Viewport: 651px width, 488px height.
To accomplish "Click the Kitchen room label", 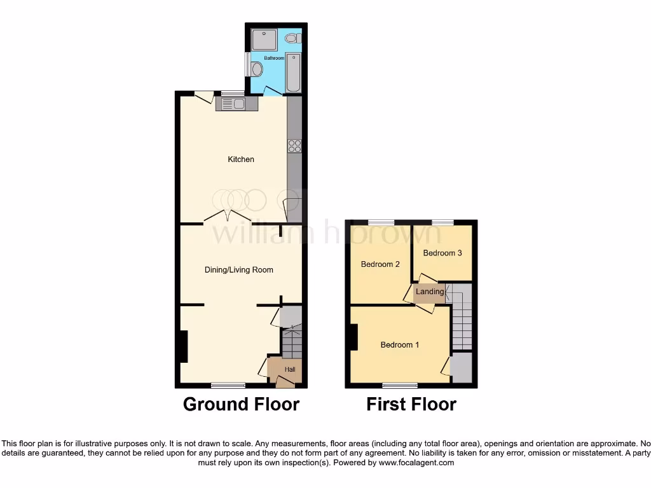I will point(241,159).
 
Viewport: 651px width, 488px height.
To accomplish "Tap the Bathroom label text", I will point(274,58).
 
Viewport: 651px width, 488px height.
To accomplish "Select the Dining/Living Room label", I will point(238,270).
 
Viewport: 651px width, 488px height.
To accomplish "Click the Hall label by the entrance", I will point(290,369).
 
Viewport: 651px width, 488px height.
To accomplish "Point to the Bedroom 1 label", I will point(400,345).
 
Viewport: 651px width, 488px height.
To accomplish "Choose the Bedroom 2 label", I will point(380,264).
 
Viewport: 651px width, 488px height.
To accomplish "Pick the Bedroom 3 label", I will point(442,253).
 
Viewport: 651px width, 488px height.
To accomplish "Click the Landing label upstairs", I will point(430,292).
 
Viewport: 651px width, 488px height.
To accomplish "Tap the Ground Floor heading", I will point(241,404).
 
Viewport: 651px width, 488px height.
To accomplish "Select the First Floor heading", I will point(411,404).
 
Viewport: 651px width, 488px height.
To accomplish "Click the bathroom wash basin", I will point(257,69).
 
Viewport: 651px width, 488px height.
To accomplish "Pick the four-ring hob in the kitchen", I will point(295,146).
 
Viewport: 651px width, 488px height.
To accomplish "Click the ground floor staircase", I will point(292,344).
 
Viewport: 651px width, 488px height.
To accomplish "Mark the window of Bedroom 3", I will point(442,222).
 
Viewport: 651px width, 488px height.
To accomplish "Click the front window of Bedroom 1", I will point(400,385).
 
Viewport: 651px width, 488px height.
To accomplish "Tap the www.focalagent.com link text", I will point(417,463).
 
